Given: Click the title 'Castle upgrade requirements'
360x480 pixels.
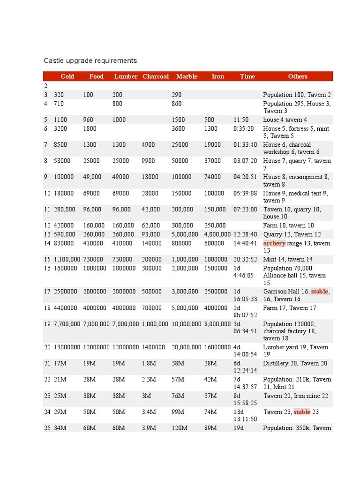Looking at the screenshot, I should (90, 60).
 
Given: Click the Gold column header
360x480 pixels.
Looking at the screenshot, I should (67, 76).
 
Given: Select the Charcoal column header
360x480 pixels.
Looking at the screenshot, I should (156, 76).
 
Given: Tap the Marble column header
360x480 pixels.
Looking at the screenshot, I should (187, 76).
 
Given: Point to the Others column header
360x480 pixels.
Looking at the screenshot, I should (298, 76).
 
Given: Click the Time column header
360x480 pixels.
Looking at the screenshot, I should (247, 76).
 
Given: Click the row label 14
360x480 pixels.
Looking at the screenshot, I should (47, 243).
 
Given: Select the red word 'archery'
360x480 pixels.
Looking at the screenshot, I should (274, 243).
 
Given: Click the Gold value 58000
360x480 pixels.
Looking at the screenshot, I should (62, 161).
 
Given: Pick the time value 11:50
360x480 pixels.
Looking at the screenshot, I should (241, 120).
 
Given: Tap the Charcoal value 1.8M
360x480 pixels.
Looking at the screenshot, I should (150, 363).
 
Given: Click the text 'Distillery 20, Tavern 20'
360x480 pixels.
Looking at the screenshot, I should (295, 363).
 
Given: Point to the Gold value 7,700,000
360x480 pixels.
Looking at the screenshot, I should (67, 324).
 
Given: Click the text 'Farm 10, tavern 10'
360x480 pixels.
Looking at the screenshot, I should (289, 225).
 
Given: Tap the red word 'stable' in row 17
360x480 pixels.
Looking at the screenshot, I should (319, 292).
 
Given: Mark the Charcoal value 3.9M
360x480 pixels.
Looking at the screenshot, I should (150, 428).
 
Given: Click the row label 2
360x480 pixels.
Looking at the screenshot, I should (46, 86).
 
